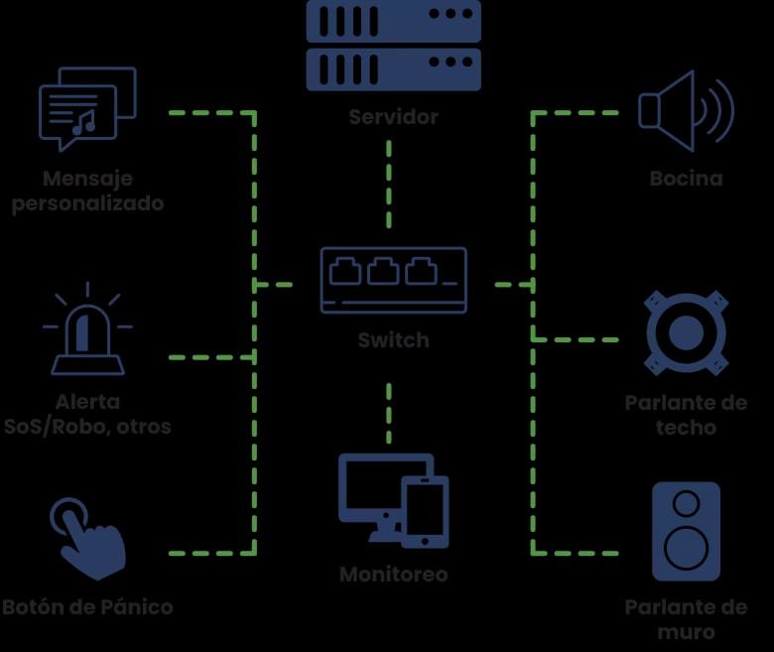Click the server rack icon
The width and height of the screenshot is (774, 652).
point(393,45)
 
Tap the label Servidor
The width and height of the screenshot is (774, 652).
point(393,117)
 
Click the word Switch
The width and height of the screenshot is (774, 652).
point(393,340)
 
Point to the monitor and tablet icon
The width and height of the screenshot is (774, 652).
point(393,500)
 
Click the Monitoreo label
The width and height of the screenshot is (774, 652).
point(393,575)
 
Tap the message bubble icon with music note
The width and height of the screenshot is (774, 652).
point(86,107)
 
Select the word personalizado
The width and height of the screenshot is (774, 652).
point(87,204)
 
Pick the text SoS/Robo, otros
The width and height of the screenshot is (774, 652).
point(87,428)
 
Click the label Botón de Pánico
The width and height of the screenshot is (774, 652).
point(87,607)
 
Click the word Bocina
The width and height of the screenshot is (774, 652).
point(686,180)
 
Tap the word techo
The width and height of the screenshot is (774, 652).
point(686,429)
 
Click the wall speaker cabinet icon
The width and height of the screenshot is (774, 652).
point(686,531)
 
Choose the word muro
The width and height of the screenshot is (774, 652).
point(686,632)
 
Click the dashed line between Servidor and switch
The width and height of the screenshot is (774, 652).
point(388,184)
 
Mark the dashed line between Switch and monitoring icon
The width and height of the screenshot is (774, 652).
point(388,412)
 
